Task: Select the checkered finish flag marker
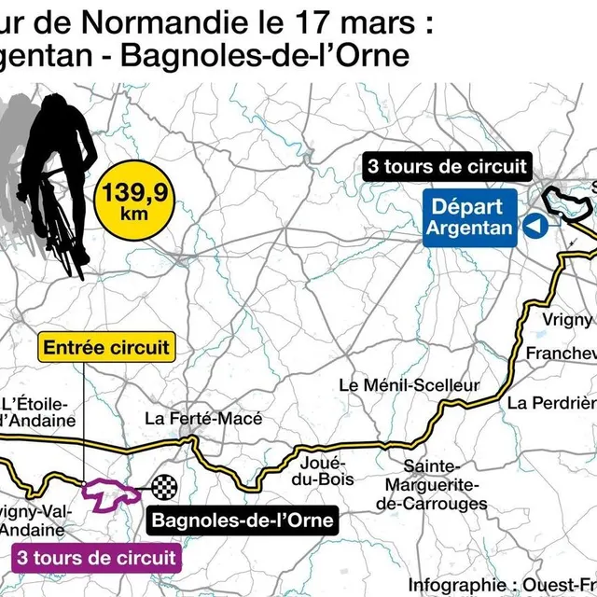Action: click(165, 486)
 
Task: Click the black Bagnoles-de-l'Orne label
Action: click(242, 520)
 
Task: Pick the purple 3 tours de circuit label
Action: click(95, 558)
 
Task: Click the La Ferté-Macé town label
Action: click(202, 420)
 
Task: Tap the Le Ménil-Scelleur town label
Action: click(409, 384)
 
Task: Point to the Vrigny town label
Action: click(567, 320)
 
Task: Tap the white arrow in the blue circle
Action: click(534, 226)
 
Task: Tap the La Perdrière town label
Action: click(551, 403)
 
